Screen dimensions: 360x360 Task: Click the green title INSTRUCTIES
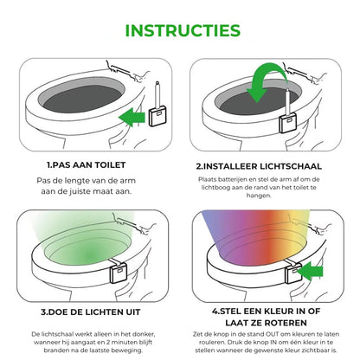point(183,30)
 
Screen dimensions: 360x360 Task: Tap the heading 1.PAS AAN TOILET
point(87,165)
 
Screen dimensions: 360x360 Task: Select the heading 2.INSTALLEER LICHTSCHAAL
point(259,166)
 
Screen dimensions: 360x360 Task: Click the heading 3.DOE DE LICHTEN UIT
point(90,312)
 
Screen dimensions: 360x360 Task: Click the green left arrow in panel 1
point(132,117)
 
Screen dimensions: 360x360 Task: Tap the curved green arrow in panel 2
point(266,81)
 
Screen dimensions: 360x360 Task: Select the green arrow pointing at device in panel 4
point(309,271)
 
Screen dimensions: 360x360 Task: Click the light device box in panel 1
point(158,116)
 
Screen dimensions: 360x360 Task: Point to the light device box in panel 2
point(287,123)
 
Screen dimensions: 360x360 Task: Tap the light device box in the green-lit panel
point(119,273)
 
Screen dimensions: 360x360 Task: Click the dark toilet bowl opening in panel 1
point(82,99)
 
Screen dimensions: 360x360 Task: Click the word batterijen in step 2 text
point(233,179)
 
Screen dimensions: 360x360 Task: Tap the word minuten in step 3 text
point(127,342)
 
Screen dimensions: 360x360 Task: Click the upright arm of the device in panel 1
point(157,94)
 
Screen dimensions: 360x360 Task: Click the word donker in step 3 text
point(144,334)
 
